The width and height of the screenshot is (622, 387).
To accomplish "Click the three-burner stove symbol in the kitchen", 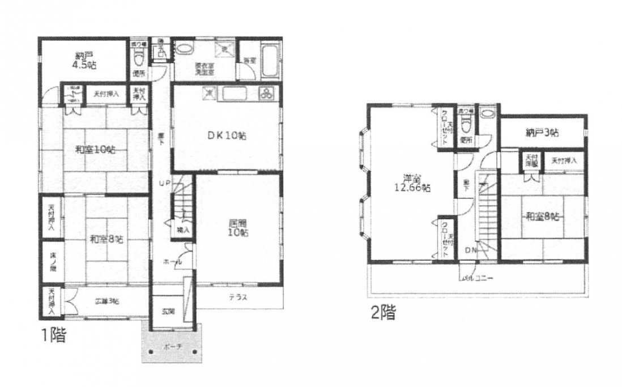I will pos(266,93).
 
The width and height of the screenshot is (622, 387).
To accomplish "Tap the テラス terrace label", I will pos(237,297).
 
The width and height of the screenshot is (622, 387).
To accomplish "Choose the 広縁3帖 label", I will pos(106,301).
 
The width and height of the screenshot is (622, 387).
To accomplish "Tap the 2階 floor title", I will pos(384,312).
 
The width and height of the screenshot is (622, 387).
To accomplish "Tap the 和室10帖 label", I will pos(95,150).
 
